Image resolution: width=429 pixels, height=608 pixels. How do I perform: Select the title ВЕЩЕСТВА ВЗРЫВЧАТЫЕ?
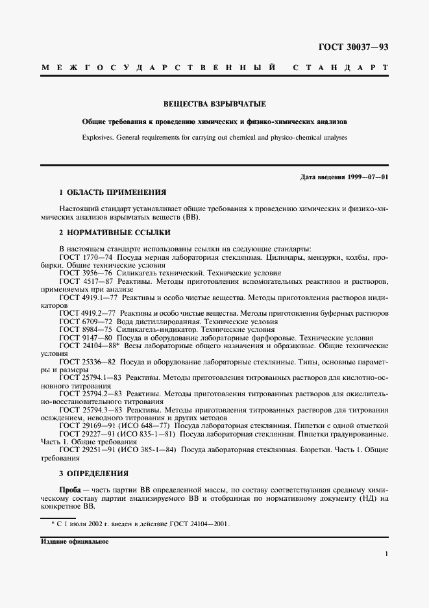point(214,104)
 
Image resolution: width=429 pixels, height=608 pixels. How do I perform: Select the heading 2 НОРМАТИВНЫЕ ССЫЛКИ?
point(115,233)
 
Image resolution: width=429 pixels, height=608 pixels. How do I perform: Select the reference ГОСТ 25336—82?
point(87,361)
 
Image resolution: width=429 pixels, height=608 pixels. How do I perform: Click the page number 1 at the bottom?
point(386,553)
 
